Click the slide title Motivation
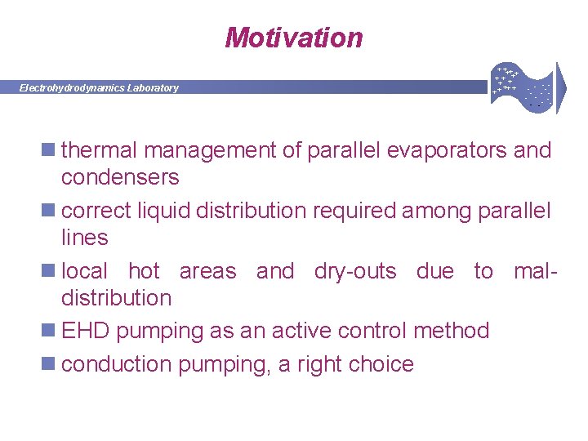click(293, 38)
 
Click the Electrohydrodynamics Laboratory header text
click(99, 88)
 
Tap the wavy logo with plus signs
click(523, 84)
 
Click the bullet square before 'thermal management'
click(51, 150)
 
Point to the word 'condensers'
click(120, 177)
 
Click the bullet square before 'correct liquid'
click(51, 211)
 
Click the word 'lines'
click(84, 238)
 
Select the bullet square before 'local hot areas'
click(51, 271)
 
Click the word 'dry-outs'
click(355, 271)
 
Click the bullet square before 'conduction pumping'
click(51, 364)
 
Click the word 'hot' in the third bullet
click(144, 271)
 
